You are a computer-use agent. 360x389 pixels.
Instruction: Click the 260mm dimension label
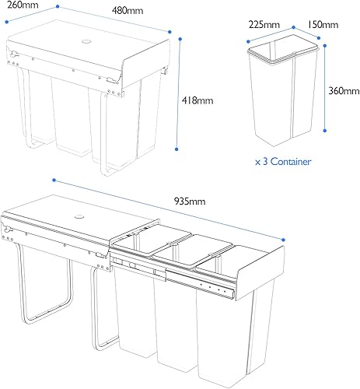tap(23, 5)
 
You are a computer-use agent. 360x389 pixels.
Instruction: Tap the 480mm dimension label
tap(128, 11)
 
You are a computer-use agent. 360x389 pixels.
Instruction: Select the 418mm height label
tap(197, 100)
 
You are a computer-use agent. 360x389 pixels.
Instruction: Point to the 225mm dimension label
tap(264, 25)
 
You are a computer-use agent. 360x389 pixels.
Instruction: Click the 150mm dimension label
tap(323, 25)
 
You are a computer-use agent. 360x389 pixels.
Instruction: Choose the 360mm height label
tap(344, 91)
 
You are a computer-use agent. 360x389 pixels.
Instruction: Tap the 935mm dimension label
tap(190, 202)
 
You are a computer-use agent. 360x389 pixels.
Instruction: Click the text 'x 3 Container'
tap(283, 162)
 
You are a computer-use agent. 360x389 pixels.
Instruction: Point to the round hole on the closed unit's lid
tap(86, 41)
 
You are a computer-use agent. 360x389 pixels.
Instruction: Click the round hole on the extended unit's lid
tap(79, 216)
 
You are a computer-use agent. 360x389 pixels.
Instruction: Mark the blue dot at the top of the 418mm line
tap(180, 39)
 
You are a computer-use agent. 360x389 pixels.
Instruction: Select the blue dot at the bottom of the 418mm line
tap(177, 149)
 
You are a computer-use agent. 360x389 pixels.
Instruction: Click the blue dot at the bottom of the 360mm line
tap(325, 131)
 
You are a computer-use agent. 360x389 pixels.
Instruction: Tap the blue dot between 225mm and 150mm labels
tap(294, 27)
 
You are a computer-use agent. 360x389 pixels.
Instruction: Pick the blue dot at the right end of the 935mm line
tap(283, 240)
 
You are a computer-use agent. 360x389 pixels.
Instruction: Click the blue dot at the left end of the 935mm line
tap(54, 180)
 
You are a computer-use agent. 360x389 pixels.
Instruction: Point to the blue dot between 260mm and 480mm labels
tap(58, 6)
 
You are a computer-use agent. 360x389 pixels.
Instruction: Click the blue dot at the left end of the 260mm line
tap(7, 22)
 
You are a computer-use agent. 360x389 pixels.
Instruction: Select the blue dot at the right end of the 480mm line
tap(170, 32)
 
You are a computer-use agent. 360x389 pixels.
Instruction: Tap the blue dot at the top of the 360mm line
tap(325, 46)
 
